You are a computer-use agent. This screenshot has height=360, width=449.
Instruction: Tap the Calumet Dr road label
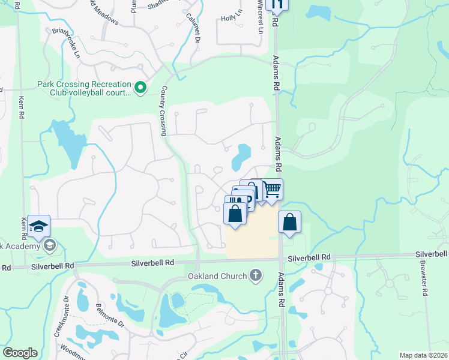click(x=193, y=28)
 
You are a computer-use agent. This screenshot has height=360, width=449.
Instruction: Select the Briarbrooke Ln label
click(x=65, y=41)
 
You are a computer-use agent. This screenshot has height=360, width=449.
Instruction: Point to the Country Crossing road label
click(x=163, y=110)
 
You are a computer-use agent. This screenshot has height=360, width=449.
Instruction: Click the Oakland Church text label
click(x=217, y=276)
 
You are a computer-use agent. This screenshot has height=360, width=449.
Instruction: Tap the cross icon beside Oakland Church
click(x=256, y=276)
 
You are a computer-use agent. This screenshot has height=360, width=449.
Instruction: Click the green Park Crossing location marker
click(x=140, y=89)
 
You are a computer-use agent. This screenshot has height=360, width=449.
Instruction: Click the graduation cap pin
click(x=38, y=226)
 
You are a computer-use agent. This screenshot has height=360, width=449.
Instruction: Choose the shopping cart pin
click(x=273, y=190)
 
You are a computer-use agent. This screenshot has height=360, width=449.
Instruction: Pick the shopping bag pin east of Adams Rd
click(x=290, y=221)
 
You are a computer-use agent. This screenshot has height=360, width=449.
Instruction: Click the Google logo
click(x=20, y=353)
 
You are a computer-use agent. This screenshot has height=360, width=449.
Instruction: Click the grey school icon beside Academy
click(x=50, y=245)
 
